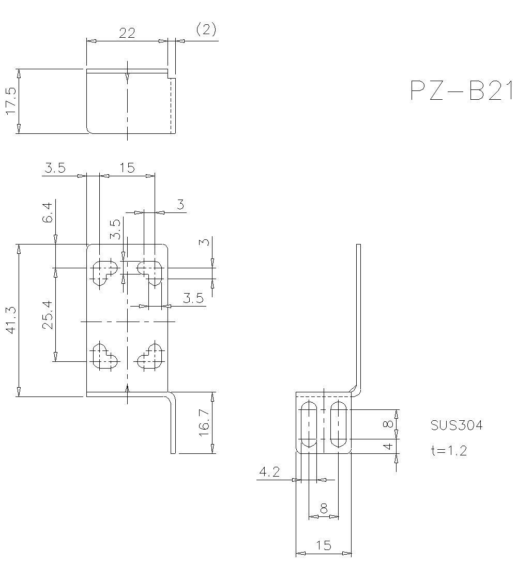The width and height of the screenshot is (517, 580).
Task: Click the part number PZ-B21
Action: pos(461,91)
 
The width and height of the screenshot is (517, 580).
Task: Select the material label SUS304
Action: pos(457,425)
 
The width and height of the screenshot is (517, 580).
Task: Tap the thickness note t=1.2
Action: pos(448,451)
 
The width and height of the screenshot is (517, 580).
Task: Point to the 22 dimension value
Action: pos(127,33)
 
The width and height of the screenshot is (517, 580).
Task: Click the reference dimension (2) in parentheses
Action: pos(206,29)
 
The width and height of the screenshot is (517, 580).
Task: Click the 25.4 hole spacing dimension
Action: pos(48,315)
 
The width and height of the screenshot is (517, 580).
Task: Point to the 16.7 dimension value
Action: pos(205,422)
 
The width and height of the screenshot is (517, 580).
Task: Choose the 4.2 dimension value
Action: pos(269,471)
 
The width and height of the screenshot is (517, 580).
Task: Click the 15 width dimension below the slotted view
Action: pos(323,545)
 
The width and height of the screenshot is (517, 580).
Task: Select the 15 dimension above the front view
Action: pos(127,167)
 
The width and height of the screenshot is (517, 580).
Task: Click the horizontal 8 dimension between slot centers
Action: pos(324,509)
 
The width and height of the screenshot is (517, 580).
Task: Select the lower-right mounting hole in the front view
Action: pos(151,356)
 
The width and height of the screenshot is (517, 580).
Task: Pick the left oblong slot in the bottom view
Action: pos(309,424)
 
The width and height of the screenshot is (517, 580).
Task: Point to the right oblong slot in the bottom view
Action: pos(339,424)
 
